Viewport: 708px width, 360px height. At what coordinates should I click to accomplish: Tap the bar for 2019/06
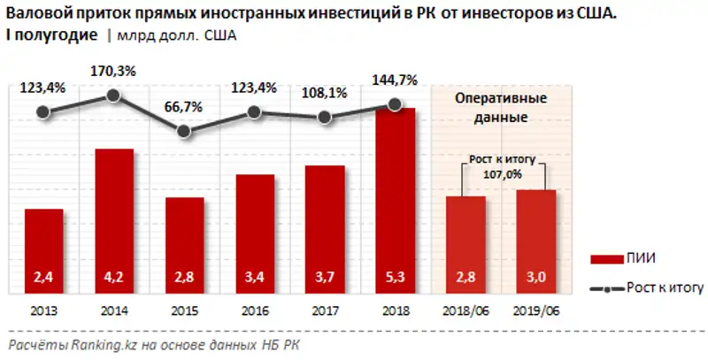536,240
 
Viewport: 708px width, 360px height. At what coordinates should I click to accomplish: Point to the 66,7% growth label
184,104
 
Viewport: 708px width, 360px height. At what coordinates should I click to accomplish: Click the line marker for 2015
184,131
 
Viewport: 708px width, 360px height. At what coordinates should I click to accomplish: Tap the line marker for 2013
44,112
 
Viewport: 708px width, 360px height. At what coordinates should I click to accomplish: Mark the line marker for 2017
325,117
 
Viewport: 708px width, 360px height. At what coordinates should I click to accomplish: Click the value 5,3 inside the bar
395,278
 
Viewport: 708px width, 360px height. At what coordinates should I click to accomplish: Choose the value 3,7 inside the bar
325,278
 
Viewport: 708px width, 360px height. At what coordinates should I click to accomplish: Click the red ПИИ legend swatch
605,257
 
